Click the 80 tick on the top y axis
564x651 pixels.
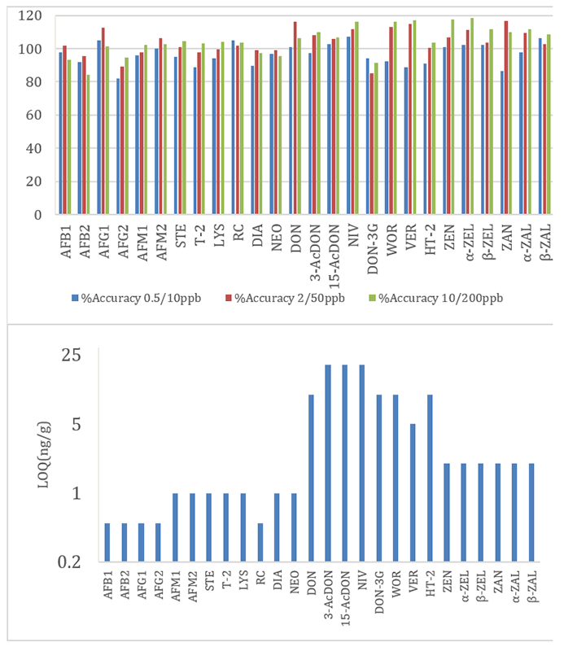pyautogui.click(x=33, y=82)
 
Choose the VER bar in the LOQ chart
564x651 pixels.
pyautogui.click(x=413, y=492)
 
